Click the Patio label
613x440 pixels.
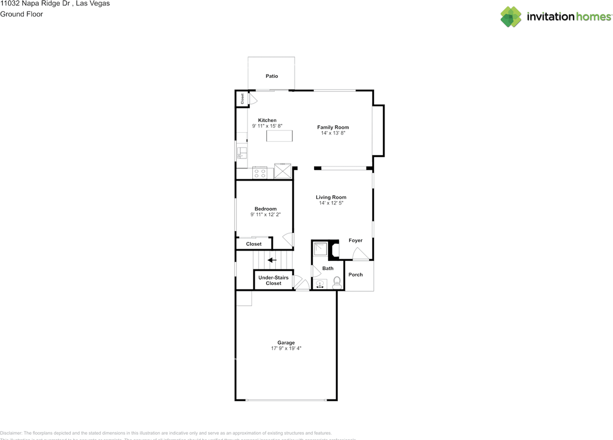pos(272,76)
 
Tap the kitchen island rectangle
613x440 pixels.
pos(279,136)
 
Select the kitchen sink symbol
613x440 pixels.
pos(242,153)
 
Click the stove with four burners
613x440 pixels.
pos(260,173)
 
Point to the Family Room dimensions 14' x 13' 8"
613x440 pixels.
pos(333,133)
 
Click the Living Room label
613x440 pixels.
pos(331,197)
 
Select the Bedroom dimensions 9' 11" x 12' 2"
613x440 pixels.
pos(265,215)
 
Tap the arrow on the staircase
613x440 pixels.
pos(272,260)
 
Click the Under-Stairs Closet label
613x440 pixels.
pos(273,280)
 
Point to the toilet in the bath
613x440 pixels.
pos(337,282)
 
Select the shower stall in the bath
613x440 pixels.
pos(320,250)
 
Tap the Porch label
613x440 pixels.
pos(355,275)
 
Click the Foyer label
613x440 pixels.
pos(355,241)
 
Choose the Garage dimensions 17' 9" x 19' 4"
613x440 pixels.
pos(286,348)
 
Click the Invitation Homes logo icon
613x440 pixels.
pos(511,17)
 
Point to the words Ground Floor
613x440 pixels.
pos(22,14)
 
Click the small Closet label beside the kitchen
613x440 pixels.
pos(242,99)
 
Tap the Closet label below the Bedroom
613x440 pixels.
pos(254,244)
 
